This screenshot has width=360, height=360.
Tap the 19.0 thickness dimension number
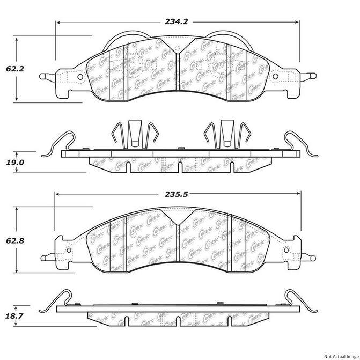point(14,161)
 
